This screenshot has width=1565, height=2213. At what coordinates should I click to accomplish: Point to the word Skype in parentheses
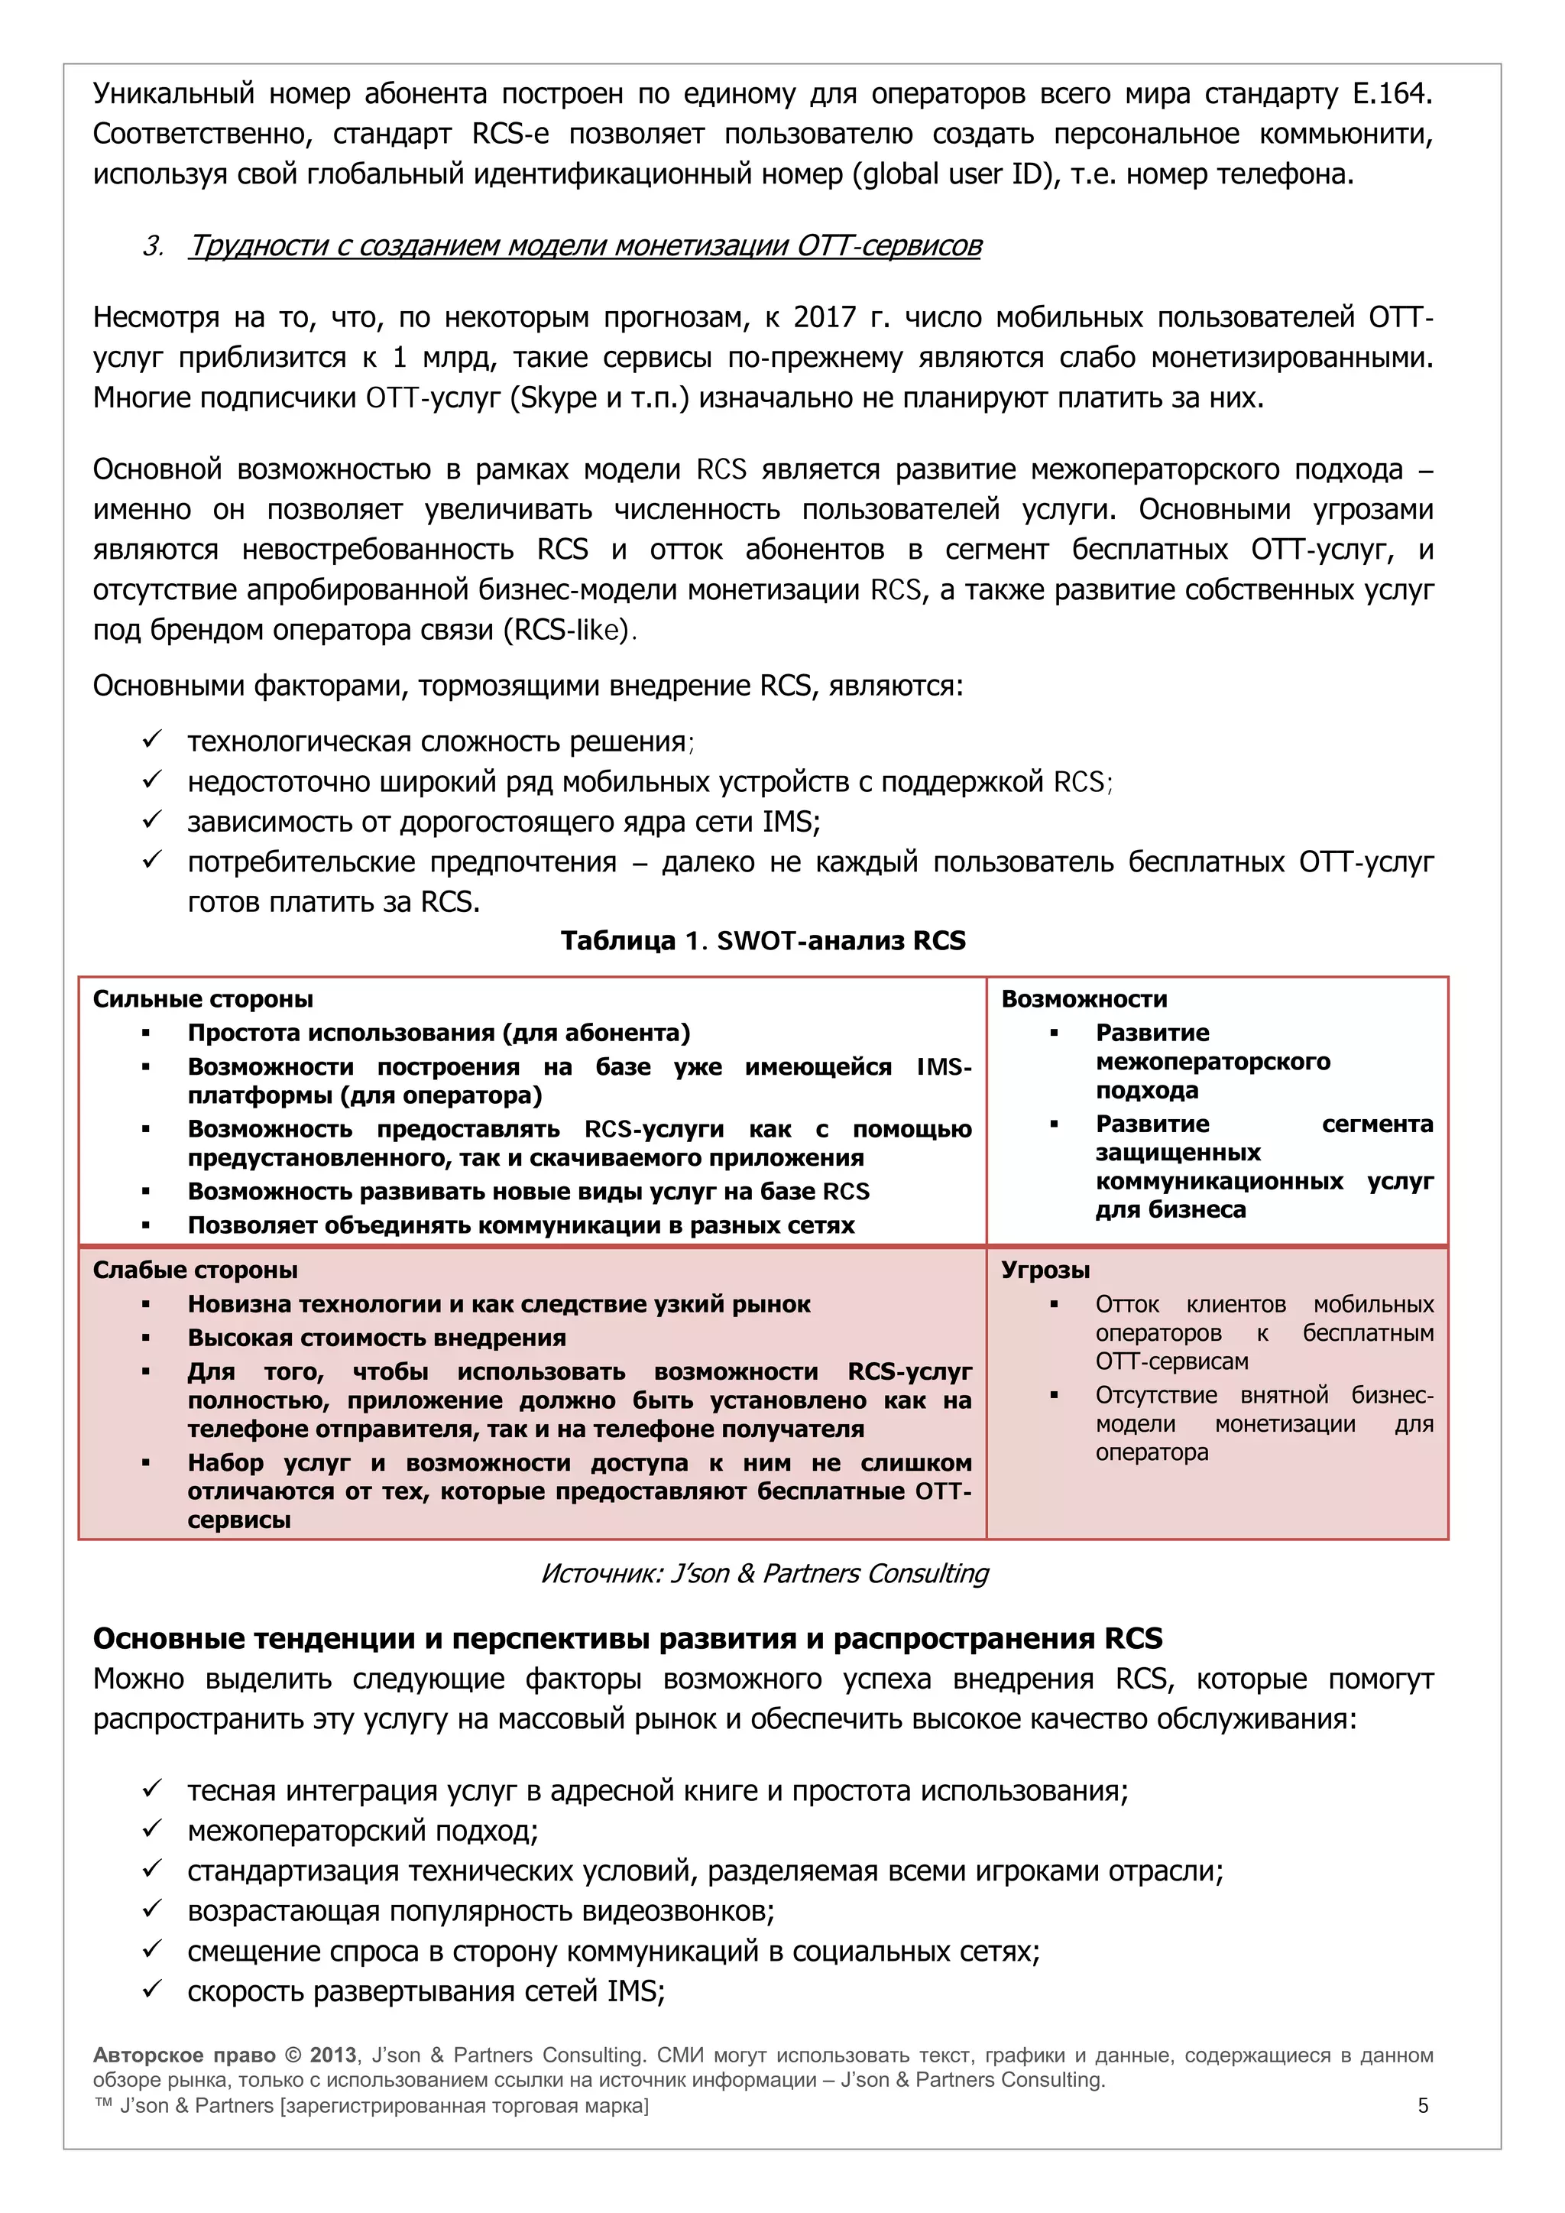558,398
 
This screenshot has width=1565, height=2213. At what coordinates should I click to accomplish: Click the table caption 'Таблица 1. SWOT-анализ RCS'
763,941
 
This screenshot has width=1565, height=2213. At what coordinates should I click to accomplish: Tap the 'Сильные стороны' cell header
203,1000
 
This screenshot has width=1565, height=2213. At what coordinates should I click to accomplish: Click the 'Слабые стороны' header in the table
195,1270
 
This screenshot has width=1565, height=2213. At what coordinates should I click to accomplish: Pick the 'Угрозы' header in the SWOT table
1045,1270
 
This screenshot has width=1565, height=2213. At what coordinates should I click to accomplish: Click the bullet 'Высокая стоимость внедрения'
376,1338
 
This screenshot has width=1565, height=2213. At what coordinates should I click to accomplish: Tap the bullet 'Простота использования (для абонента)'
439,1033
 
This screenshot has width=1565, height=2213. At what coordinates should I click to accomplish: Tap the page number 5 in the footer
1422,2106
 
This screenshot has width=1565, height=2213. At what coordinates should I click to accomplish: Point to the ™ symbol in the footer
103,2105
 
